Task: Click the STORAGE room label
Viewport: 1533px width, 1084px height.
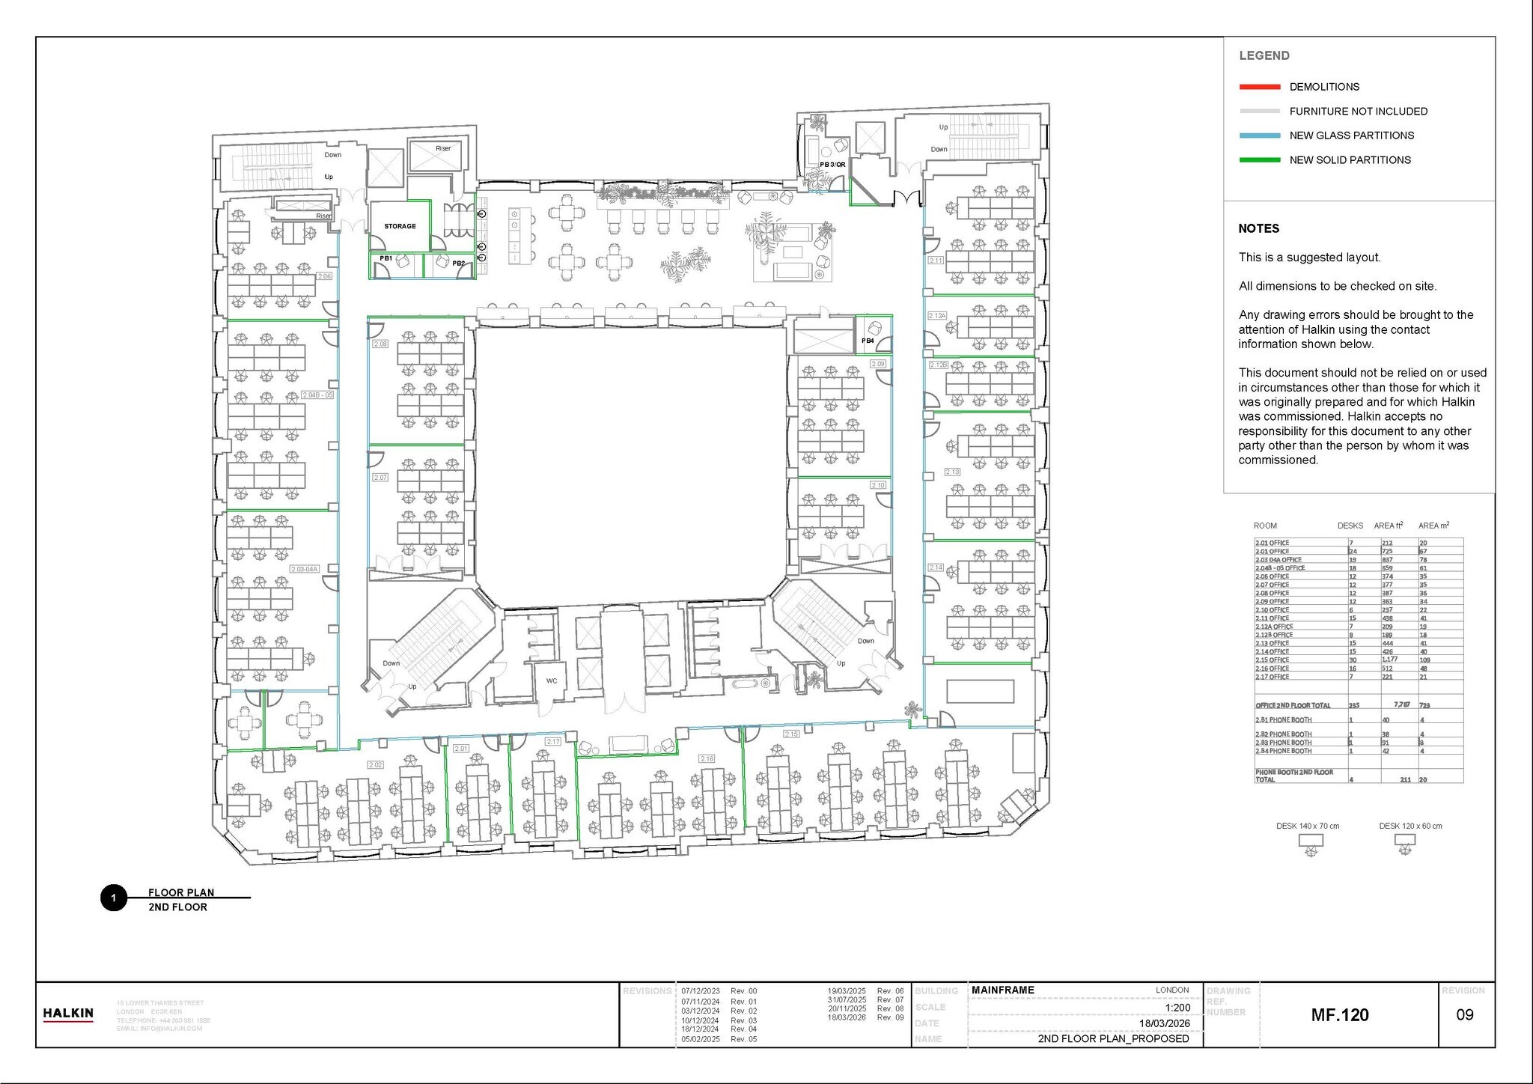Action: coord(400,226)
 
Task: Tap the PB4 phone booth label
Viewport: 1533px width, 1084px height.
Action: coord(868,341)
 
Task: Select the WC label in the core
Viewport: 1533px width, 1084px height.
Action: coord(552,680)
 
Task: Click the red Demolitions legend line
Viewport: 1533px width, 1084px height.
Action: coord(1260,87)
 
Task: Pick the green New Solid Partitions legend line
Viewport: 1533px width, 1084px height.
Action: coord(1260,160)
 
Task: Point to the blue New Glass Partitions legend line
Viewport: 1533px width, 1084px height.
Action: coord(1260,135)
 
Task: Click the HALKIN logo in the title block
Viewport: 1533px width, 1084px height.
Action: coord(68,1014)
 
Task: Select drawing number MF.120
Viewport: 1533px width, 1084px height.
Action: coord(1340,1015)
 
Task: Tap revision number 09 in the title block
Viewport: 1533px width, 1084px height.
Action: coord(1464,1015)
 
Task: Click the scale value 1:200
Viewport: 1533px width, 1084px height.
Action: coord(1177,1008)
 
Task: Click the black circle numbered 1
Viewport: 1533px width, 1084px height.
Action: coord(114,898)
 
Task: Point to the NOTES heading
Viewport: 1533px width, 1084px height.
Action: coord(1258,229)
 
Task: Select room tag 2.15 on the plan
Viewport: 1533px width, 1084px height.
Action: coord(791,734)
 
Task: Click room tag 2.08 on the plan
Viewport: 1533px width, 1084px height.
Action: coord(380,344)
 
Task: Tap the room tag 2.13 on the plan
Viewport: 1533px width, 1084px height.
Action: coord(951,472)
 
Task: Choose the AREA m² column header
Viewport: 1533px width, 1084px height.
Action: coord(1433,526)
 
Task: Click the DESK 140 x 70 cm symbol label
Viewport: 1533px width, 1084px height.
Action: coord(1308,826)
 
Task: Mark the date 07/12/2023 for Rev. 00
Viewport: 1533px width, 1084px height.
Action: coord(700,991)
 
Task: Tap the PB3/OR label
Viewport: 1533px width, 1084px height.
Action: coord(832,165)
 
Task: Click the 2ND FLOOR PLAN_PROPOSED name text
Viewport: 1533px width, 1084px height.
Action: coord(1113,1038)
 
